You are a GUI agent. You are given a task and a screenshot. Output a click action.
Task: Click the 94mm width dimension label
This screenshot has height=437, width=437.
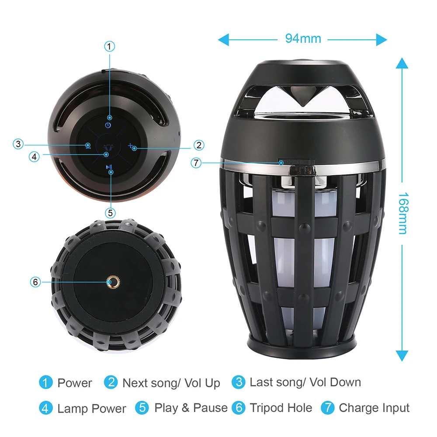(303, 38)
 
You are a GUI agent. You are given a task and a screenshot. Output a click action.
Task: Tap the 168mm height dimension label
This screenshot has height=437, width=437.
(402, 213)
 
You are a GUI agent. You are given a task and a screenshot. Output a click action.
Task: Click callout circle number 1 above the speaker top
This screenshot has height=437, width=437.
(110, 46)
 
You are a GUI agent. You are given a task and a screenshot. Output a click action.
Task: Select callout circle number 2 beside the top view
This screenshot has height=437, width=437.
(198, 145)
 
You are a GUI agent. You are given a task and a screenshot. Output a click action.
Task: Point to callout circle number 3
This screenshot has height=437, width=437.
(18, 144)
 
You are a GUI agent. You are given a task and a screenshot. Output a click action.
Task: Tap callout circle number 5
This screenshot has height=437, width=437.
(110, 212)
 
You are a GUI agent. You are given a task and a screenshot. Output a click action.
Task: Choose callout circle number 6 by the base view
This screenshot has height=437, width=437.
(36, 282)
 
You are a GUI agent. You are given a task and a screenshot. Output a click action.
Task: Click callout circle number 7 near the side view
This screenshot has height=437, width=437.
(196, 163)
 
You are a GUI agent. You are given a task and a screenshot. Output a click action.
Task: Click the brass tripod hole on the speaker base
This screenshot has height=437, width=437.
(113, 283)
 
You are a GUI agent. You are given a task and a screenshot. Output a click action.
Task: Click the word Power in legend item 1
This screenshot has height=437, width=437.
(75, 383)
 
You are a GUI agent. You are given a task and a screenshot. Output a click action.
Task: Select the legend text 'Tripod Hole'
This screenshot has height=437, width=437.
(281, 408)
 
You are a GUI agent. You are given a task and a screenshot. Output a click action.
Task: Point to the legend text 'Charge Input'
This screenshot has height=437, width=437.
(374, 408)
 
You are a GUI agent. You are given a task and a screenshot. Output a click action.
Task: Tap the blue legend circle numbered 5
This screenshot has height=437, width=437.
(142, 408)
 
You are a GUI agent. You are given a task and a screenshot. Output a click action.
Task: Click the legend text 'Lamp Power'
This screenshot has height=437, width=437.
(91, 409)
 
